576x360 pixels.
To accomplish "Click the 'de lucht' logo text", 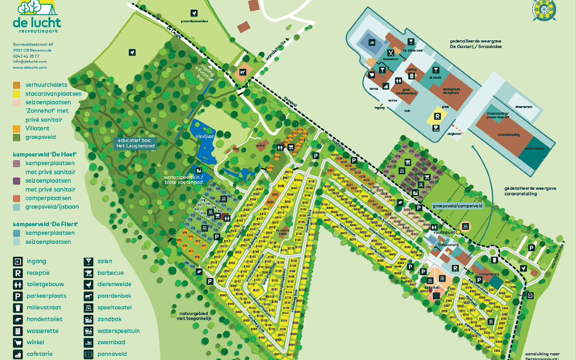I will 37,23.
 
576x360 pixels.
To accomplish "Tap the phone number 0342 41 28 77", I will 26,56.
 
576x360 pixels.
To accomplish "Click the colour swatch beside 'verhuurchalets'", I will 17,85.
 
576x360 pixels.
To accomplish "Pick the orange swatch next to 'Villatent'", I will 17,129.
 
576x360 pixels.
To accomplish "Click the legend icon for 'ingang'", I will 18,262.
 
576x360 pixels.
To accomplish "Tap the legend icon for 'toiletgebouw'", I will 18,284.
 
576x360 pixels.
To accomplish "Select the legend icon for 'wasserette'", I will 18,331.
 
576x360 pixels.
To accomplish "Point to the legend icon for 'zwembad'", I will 88,343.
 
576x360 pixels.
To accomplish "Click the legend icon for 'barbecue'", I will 88,273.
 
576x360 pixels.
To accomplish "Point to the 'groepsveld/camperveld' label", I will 457,205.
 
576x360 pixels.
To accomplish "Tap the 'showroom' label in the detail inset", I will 524,107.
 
